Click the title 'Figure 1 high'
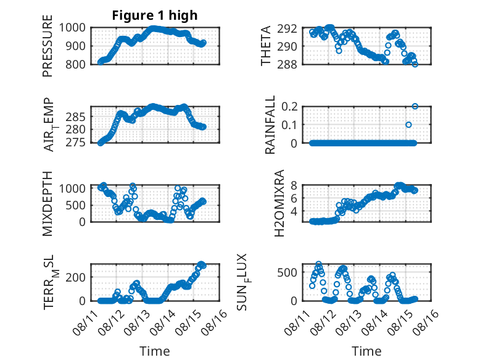point(155,15)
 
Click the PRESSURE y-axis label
point(48,46)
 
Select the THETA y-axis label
point(266,46)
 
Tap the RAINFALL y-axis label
point(270,125)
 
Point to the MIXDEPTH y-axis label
point(48,204)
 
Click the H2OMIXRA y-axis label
point(279,203)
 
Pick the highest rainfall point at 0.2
point(415,106)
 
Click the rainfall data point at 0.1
point(408,125)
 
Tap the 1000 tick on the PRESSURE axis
point(72,28)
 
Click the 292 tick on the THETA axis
point(288,28)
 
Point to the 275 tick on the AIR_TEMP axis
point(75,143)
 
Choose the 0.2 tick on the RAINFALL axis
point(289,107)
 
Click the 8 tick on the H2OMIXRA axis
point(294,185)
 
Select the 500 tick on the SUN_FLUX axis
point(288,272)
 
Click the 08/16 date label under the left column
point(215,322)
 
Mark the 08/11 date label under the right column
point(296,322)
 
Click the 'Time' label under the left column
point(155,351)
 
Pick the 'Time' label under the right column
point(366,351)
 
